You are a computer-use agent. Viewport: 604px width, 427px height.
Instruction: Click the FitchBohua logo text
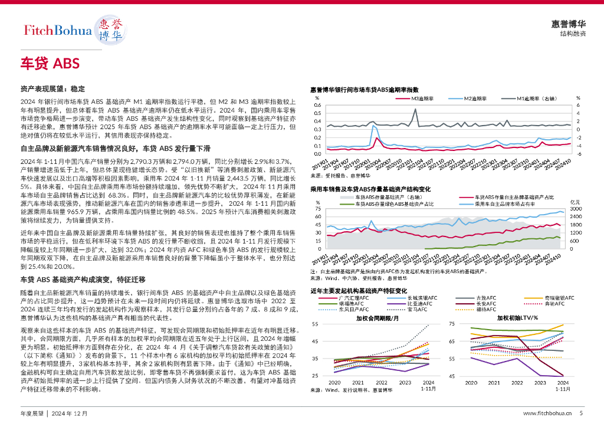coord(57,30)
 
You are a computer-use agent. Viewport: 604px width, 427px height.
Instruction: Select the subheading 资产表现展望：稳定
coord(53,89)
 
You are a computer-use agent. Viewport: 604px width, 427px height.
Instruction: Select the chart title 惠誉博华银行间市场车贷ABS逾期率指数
coord(365,90)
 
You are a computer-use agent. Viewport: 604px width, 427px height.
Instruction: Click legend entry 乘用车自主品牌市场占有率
coord(505,203)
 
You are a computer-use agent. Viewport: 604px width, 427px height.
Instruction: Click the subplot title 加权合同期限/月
coord(377,318)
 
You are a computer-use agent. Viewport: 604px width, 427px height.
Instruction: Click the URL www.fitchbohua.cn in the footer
coord(547,413)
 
